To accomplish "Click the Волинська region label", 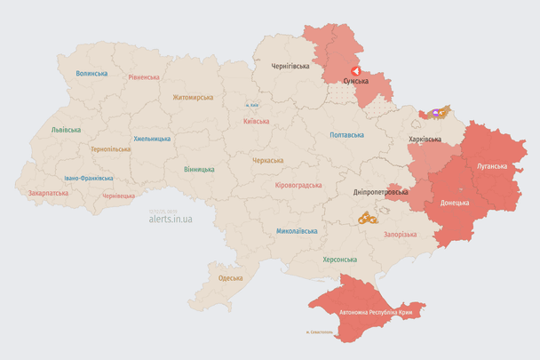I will [91, 74].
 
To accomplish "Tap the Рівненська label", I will [143, 77].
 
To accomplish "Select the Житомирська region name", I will [193, 97].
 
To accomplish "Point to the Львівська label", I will [66, 130].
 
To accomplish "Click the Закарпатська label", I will [48, 192].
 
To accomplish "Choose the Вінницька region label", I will [199, 169].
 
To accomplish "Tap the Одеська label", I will [231, 278].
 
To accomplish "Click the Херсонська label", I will [339, 260].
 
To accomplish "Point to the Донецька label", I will [454, 202].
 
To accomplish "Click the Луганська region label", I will [491, 166].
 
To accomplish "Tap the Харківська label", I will [425, 140].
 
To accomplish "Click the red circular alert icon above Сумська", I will [355, 70].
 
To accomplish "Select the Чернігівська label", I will [290, 66].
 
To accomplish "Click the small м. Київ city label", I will [252, 105].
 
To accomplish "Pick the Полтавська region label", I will [346, 135].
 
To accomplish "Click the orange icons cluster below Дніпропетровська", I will [368, 217].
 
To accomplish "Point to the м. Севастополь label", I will [319, 333].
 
